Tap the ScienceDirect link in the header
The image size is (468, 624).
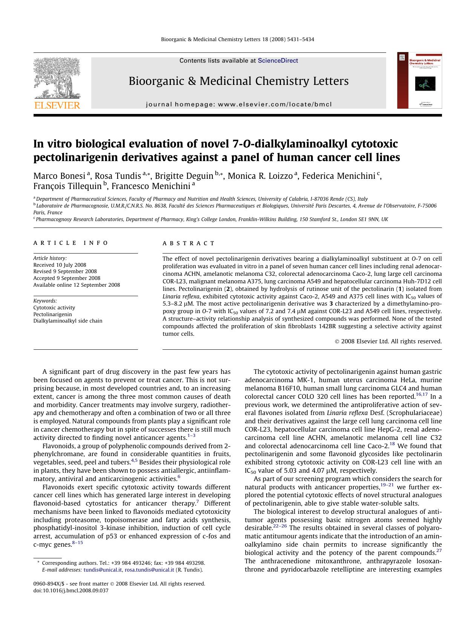[x=278, y=61]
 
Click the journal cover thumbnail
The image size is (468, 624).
[x=419, y=80]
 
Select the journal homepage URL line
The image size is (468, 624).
[x=239, y=105]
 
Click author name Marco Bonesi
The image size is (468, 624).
[x=59, y=176]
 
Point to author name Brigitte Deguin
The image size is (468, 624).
[x=184, y=176]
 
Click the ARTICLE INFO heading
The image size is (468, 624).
[x=71, y=243]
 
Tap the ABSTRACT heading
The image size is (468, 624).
[x=189, y=243]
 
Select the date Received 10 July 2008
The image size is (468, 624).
[x=60, y=265]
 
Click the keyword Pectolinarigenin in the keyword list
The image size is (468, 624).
[x=52, y=314]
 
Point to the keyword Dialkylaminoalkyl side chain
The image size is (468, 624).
[x=68, y=321]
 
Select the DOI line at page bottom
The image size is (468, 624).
[x=71, y=590]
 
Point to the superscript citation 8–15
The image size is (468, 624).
[x=77, y=543]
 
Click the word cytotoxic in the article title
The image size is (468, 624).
[x=374, y=144]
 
